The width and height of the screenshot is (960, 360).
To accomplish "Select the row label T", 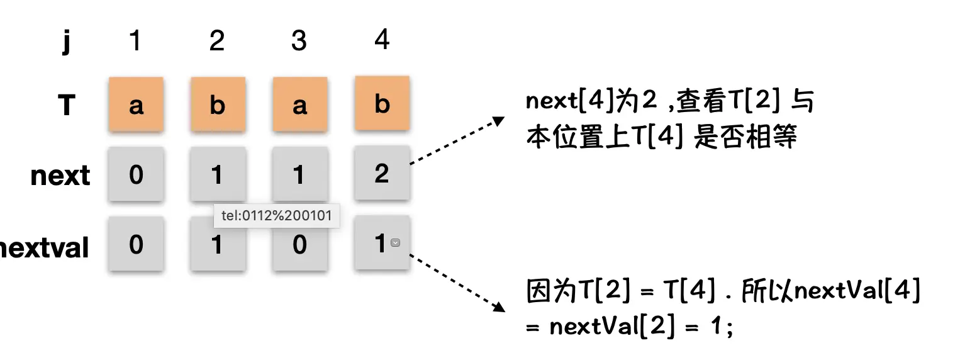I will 66,105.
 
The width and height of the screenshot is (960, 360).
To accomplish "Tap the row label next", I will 60,175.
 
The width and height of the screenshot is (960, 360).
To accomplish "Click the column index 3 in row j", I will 299,40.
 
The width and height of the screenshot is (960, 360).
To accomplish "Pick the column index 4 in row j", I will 381,39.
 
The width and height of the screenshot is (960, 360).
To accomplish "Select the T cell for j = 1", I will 136,104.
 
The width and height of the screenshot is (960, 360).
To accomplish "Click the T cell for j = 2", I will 217,104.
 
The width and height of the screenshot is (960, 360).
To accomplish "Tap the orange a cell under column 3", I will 299,104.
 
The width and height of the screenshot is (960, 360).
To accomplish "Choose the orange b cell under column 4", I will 382,103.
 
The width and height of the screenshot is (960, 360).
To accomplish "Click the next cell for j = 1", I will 136,174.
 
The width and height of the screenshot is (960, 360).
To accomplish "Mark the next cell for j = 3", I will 299,174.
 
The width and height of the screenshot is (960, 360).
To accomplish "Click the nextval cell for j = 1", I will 136,244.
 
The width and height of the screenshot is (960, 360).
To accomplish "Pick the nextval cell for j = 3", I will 299,244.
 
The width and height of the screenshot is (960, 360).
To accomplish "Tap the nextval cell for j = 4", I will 380,243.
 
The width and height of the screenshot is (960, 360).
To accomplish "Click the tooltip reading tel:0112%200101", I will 277,216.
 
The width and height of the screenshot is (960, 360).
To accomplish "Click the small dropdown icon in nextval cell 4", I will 395,243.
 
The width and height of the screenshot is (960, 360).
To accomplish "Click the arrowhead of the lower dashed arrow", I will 500,308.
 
